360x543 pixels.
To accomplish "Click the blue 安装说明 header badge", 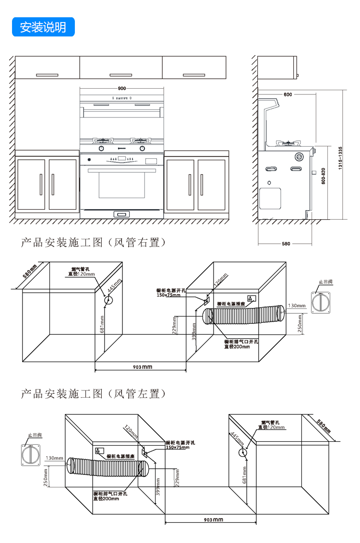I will click(43, 27).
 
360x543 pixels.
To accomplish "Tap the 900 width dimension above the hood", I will click(121, 88).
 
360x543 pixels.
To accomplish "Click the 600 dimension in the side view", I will click(288, 94).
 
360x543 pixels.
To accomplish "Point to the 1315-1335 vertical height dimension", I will click(340, 156).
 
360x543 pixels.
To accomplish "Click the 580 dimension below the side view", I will click(286, 244).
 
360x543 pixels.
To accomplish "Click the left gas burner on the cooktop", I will click(102, 141).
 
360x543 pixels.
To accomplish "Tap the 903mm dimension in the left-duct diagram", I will click(211, 519).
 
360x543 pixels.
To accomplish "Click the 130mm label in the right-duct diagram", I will click(297, 306).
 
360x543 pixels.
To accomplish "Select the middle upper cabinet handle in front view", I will click(121, 75).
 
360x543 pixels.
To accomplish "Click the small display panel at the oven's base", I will click(121, 214).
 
